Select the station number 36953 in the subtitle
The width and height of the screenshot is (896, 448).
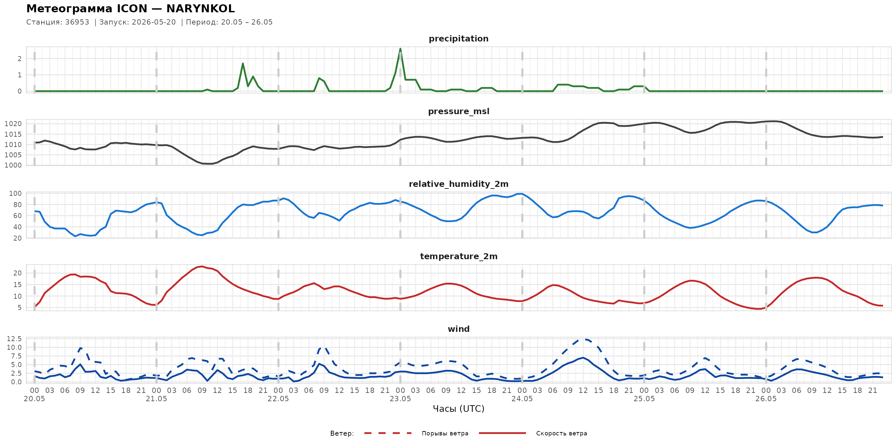pyautogui.click(x=77, y=22)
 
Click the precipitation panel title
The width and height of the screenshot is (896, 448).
pyautogui.click(x=458, y=39)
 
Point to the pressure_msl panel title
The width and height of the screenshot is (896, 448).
pyautogui.click(x=458, y=112)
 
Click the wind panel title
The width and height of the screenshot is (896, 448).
pyautogui.click(x=458, y=329)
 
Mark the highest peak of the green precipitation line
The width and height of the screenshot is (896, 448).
pyautogui.click(x=400, y=49)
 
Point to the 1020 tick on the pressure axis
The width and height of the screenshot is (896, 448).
pyautogui.click(x=13, y=124)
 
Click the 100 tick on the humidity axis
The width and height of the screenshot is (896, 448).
pyautogui.click(x=15, y=193)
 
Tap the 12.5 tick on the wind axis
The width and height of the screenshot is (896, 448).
pyautogui.click(x=14, y=339)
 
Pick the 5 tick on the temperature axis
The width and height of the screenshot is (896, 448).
pyautogui.click(x=20, y=308)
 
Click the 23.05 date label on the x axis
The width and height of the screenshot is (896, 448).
pyautogui.click(x=400, y=399)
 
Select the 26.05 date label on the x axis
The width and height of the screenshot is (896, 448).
pyautogui.click(x=766, y=399)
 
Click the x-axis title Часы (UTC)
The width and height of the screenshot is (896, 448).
pyautogui.click(x=458, y=409)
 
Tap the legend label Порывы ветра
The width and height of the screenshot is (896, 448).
pyautogui.click(x=445, y=433)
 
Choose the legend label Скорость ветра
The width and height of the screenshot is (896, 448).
pyautogui.click(x=561, y=433)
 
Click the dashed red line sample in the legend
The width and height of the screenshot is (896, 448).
pyautogui.click(x=388, y=433)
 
